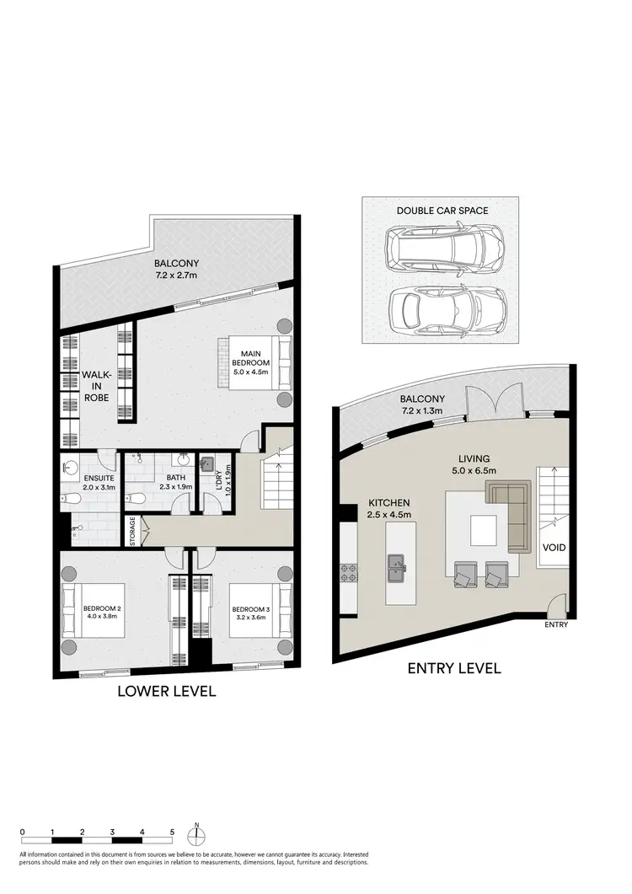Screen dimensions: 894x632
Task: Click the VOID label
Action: coord(554,548)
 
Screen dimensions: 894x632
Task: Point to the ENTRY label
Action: coord(556,624)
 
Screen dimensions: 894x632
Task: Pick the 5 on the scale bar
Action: coord(172,831)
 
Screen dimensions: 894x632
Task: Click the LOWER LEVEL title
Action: coord(167,691)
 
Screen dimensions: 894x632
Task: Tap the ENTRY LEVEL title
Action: coord(455,668)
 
